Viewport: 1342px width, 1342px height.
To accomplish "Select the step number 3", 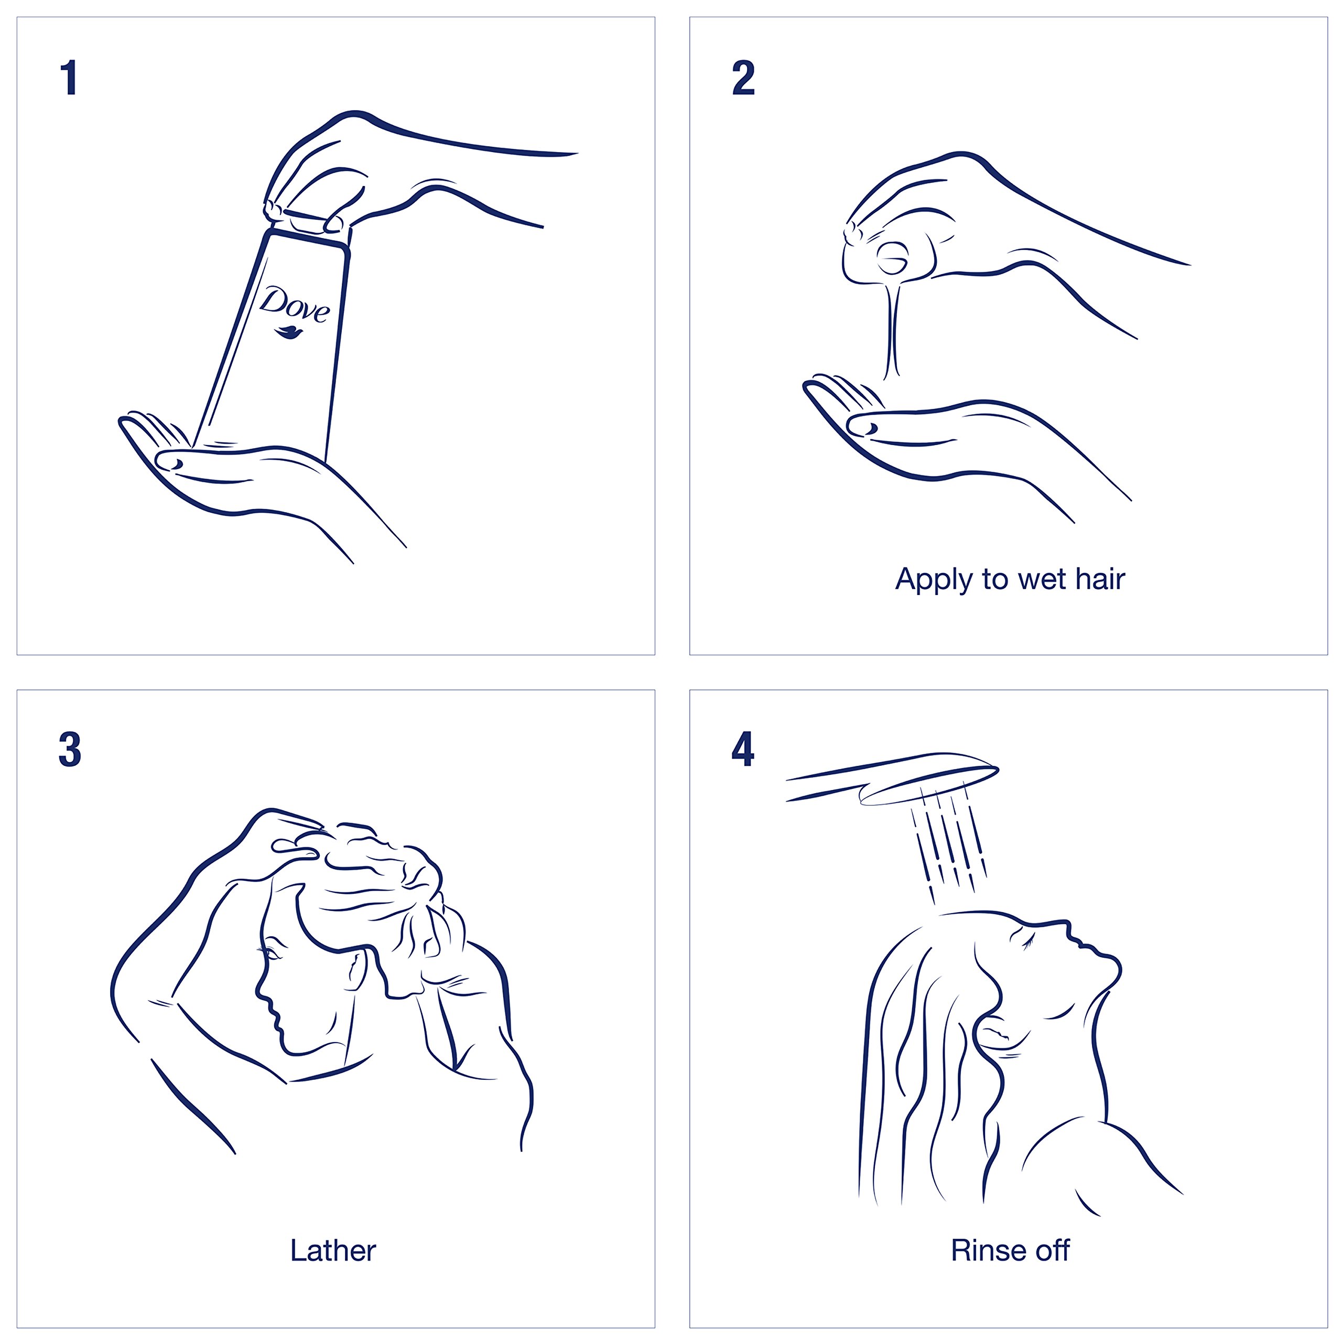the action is point(70,750).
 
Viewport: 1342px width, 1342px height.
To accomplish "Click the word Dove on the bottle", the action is point(295,305).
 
